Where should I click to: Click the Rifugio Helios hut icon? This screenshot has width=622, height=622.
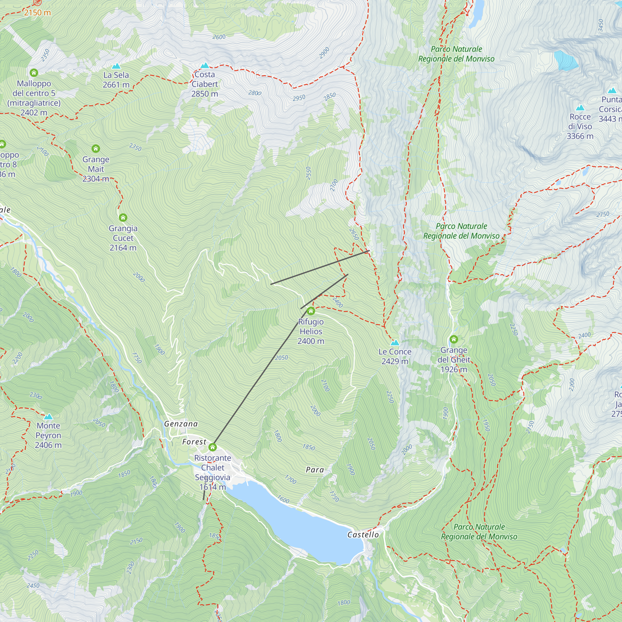311,311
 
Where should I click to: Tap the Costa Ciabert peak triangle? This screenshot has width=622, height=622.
205,66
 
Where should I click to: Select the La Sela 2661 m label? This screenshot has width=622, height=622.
116,80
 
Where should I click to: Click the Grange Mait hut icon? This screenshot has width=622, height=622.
95,148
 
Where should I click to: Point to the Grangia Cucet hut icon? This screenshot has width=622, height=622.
123,218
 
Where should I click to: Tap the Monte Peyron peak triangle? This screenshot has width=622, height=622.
48,417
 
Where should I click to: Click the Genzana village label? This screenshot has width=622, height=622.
181,424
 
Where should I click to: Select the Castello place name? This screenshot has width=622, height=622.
363,535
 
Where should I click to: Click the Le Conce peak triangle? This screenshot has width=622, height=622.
395,342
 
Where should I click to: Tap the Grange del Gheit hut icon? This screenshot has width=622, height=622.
454,339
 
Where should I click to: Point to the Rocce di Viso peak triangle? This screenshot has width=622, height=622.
580,108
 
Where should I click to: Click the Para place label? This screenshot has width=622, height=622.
315,470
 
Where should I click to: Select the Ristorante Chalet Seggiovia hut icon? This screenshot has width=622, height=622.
212,447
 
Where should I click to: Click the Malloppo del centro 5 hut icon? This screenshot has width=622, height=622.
34,72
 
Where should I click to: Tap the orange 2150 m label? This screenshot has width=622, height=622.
37,12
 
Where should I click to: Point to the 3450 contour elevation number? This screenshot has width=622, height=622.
601,26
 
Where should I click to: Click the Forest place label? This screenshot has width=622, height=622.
194,442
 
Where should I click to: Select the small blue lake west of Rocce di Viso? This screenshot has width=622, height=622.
566,61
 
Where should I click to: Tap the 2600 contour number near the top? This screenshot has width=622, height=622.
219,37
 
